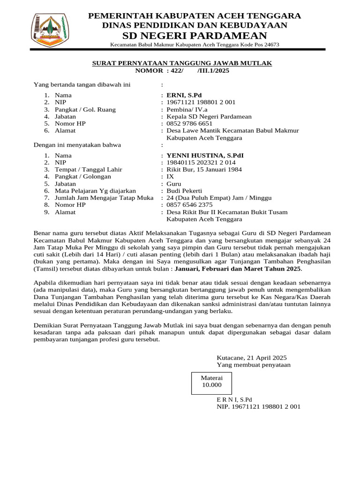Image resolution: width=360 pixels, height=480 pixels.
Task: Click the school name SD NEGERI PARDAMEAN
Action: point(195,36)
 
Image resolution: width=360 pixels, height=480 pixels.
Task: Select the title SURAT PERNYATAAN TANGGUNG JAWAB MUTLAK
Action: point(181,63)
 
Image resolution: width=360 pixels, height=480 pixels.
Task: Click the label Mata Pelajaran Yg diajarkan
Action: point(95,191)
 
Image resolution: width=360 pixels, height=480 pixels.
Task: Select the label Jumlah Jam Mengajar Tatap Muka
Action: point(104,198)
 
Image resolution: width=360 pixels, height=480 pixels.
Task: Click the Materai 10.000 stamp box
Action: point(211,382)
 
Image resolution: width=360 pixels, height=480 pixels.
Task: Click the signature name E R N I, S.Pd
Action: point(234,400)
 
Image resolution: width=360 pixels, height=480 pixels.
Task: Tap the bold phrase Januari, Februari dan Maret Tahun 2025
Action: point(238,269)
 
